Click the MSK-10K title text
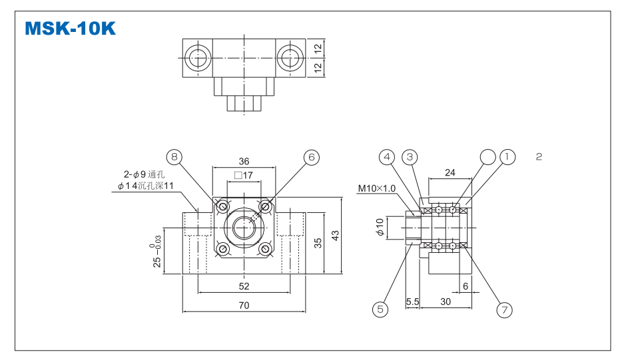[70, 29]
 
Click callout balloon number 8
[174, 157]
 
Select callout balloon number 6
[311, 157]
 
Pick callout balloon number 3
[410, 157]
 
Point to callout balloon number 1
[508, 157]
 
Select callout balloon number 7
[504, 309]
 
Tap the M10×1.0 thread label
[376, 188]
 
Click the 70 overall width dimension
[244, 305]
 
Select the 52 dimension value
[244, 286]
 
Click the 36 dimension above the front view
[244, 162]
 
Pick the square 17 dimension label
[244, 176]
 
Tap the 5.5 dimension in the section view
[412, 301]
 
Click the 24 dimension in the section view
[450, 173]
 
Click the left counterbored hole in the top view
[198, 58]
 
